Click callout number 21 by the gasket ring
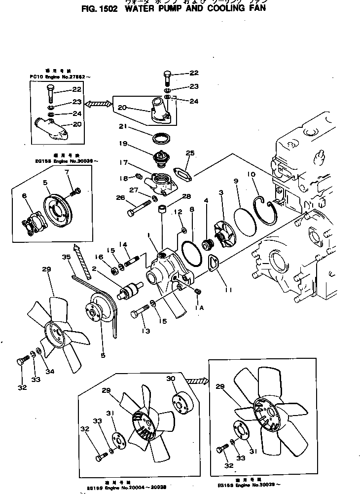tap(123, 127)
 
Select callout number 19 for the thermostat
tap(123, 144)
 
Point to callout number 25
tap(190, 152)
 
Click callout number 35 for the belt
tap(67, 257)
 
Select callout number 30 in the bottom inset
tap(171, 379)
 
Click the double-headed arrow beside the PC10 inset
tap(99, 104)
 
